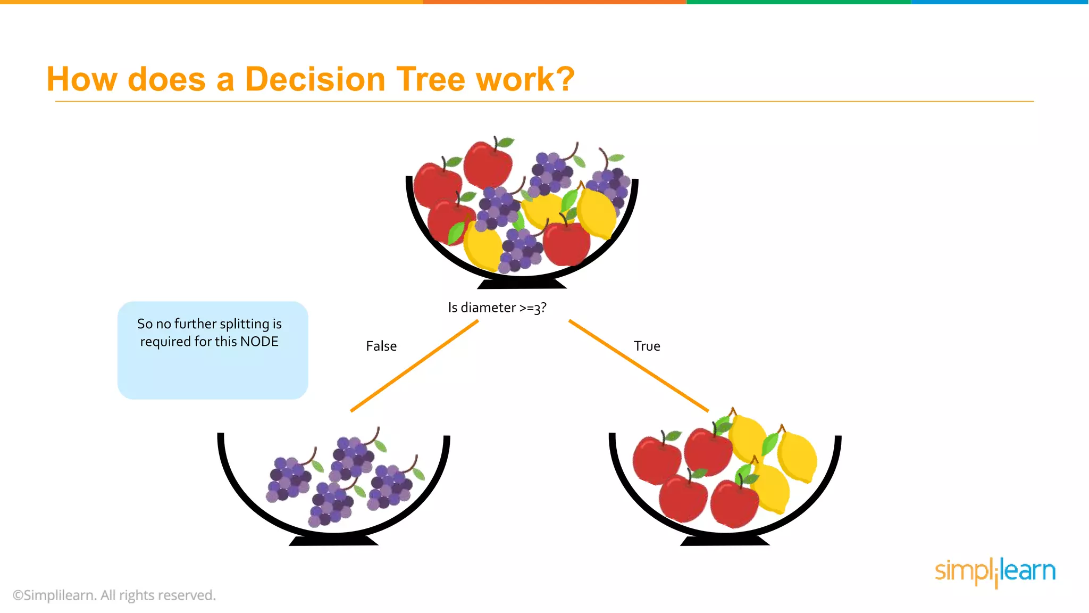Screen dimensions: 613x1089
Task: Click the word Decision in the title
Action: click(x=314, y=79)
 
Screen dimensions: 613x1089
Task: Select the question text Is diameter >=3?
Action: click(x=497, y=308)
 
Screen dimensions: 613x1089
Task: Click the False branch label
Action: click(x=381, y=346)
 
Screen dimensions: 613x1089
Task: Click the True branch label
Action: click(x=647, y=346)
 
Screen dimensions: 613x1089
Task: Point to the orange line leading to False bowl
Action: click(x=414, y=366)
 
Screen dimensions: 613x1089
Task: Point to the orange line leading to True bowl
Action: click(x=638, y=366)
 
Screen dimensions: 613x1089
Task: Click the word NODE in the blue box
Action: click(x=259, y=342)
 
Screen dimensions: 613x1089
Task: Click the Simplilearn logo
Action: click(x=995, y=571)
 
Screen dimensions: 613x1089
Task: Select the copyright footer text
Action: click(x=114, y=595)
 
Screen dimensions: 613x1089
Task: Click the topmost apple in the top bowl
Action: click(x=488, y=163)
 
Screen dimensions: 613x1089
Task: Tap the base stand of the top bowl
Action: click(x=522, y=284)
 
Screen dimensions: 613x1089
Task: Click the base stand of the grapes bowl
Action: click(x=333, y=541)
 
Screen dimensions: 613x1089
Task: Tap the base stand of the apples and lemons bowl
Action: click(x=725, y=541)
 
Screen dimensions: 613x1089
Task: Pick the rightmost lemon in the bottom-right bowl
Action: click(x=797, y=457)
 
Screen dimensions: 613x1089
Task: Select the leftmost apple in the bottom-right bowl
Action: click(x=656, y=460)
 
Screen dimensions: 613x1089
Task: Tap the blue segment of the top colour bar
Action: click(x=1000, y=2)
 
